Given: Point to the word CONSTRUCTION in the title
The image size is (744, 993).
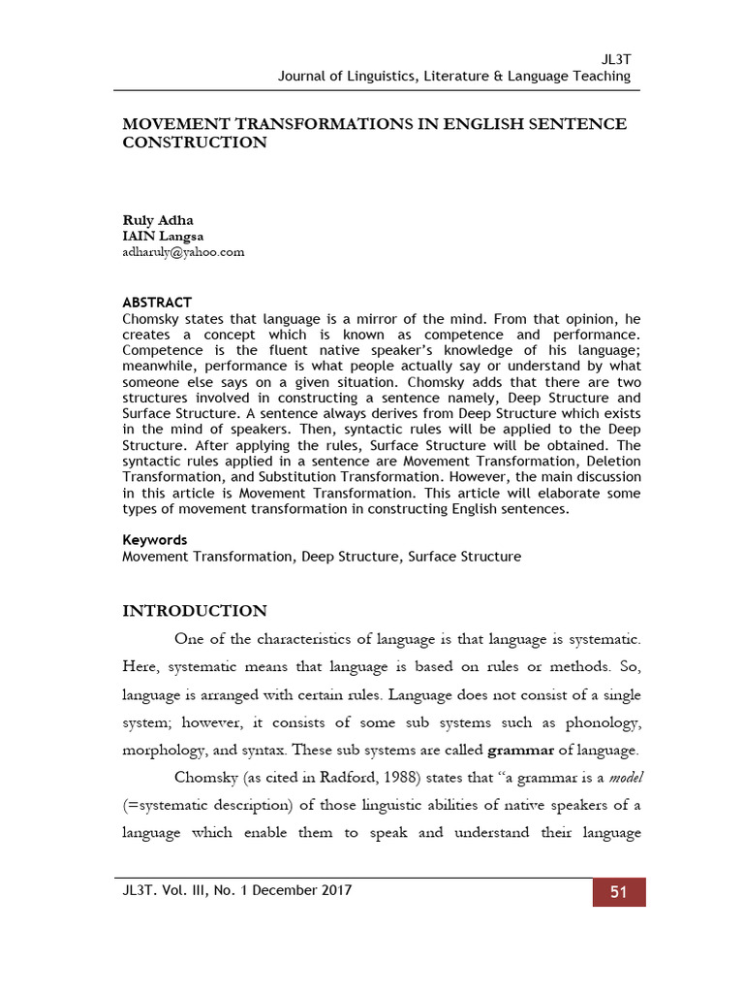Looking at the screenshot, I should point(194,143).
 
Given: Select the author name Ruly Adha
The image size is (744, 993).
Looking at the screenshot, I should point(158,220).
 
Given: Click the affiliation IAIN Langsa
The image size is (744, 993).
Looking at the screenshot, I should point(163,236).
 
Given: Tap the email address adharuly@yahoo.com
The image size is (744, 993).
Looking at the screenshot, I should point(183,251).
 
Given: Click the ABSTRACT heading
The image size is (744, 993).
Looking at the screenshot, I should point(157,303).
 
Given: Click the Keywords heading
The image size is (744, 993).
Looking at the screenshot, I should point(155,540).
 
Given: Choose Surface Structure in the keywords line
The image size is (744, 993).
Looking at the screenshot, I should point(464,557).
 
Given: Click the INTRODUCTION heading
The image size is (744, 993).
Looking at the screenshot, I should point(194,611).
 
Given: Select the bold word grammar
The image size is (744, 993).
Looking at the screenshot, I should point(520,750).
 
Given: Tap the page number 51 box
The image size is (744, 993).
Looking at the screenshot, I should point(619,892).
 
